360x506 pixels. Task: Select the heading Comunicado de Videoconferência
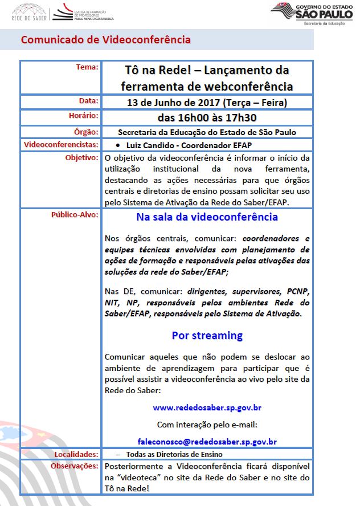106,40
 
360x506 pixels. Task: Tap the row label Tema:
87,67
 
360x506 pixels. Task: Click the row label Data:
88,101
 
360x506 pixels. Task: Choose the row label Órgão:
87,132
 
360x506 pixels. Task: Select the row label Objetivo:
82,157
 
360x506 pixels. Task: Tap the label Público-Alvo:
75,215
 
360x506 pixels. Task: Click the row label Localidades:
76,454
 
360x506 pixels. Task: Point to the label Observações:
75,466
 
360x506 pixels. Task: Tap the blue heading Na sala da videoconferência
207,217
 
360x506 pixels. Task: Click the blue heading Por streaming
207,335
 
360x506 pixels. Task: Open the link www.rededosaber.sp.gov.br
207,408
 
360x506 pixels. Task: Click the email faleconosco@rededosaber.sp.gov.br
207,441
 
